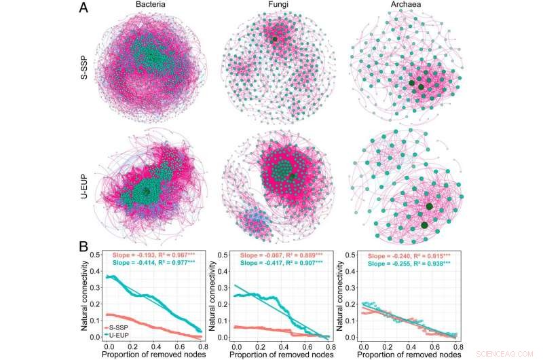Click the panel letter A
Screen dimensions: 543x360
pyautogui.click(x=83, y=7)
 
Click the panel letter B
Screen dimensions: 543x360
pyautogui.click(x=83, y=247)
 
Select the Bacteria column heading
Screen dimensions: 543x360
pyautogui.click(x=150, y=5)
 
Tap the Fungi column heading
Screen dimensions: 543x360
pyautogui.click(x=278, y=5)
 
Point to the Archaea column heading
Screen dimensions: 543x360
pyautogui.click(x=406, y=5)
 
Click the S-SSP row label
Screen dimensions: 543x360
pyautogui.click(x=84, y=67)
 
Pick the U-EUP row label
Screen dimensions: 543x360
pyautogui.click(x=84, y=187)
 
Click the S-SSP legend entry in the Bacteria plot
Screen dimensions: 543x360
pyautogui.click(x=115, y=328)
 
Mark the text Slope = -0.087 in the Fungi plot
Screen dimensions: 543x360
pyautogui.click(x=261, y=255)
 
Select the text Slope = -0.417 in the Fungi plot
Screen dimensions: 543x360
pyautogui.click(x=261, y=263)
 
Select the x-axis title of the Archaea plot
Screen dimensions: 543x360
pyautogui.click(x=409, y=355)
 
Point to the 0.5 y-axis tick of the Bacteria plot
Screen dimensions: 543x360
pyautogui.click(x=95, y=255)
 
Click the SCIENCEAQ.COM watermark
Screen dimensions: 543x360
pyautogui.click(x=504, y=354)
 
